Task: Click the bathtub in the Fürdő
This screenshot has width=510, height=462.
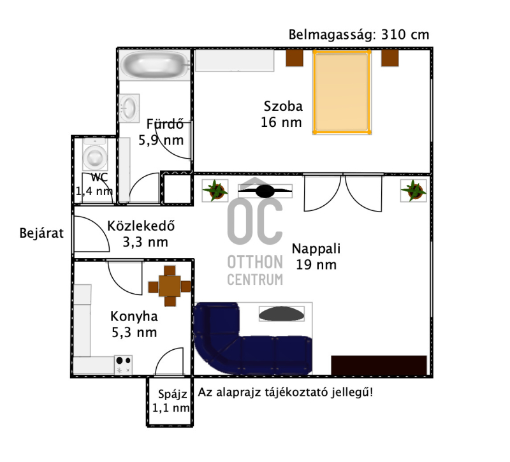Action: pos(154,64)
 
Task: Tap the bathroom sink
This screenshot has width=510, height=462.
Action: pos(129,108)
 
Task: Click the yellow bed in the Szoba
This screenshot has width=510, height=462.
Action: pos(342,92)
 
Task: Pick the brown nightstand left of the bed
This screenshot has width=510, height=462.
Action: pos(295,58)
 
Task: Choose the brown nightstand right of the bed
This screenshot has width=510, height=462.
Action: pos(390,58)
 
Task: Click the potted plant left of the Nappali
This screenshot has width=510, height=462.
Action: pos(215,191)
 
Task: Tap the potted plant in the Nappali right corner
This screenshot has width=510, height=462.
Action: pos(413,191)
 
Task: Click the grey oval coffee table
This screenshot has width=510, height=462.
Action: pos(282,314)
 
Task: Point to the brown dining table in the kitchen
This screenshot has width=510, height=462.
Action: pos(170,286)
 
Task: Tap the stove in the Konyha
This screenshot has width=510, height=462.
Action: pos(123,365)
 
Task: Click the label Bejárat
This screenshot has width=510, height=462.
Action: pos(41,233)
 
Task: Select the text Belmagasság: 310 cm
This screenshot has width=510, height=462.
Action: pos(359,34)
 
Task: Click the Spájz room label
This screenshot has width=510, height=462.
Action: pos(171,401)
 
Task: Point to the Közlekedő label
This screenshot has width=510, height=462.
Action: pos(141,226)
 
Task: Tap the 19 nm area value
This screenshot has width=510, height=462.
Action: pos(316,264)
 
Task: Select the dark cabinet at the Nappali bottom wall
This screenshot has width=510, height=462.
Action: pos(379,365)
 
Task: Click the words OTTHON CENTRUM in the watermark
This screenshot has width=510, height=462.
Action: pos(255,270)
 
